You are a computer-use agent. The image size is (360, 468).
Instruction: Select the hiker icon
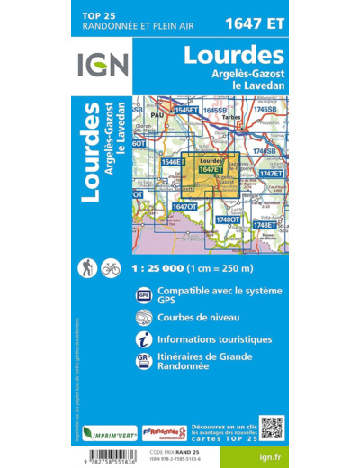(88, 267)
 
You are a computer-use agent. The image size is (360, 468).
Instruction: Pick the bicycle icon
(110, 267)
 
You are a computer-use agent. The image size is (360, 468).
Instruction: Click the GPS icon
(144, 295)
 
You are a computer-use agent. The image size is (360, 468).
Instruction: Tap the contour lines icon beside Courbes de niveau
(144, 318)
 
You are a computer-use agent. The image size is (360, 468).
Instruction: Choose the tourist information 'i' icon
(144, 340)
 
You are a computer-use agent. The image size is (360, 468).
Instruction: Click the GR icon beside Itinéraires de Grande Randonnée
(144, 362)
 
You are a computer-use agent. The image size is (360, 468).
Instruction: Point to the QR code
(272, 427)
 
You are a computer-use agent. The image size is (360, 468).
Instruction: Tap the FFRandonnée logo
(166, 432)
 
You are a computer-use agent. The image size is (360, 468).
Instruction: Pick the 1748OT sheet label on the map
(228, 220)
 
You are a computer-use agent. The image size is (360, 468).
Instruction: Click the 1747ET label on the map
(271, 173)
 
